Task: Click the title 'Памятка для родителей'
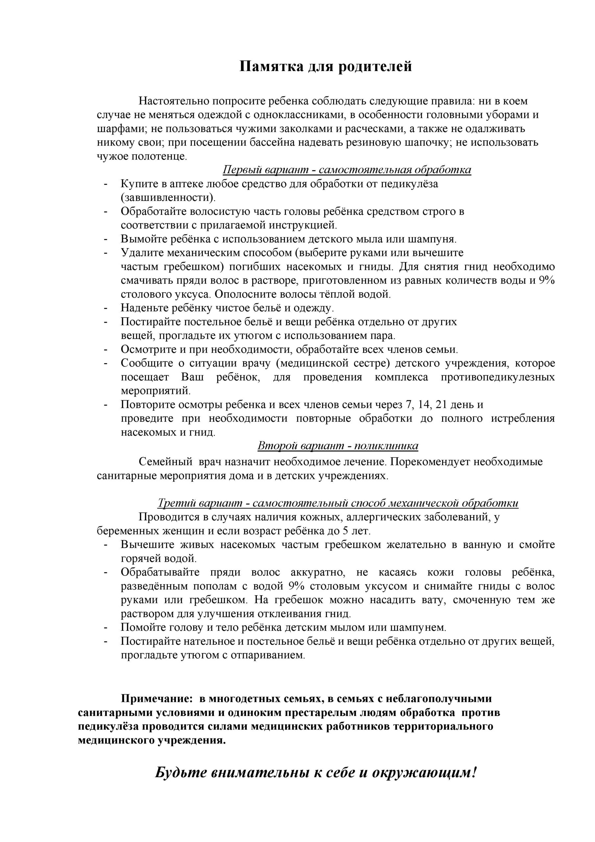pos(325,67)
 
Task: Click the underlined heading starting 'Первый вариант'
pos(347,170)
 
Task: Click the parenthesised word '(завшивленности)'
pos(168,198)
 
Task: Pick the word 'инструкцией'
pos(306,224)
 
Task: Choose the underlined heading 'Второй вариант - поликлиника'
pos(337,446)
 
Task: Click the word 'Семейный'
pos(165,462)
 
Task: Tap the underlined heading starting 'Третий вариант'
pos(337,503)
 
